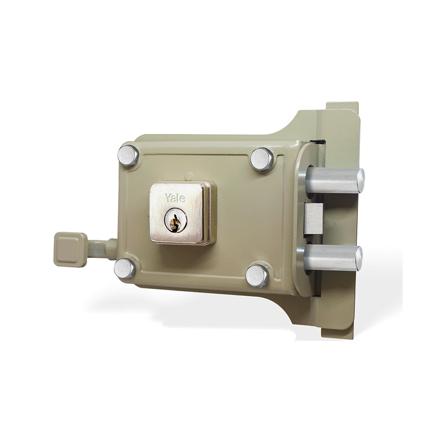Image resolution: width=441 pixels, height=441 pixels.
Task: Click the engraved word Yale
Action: pyautogui.click(x=175, y=198)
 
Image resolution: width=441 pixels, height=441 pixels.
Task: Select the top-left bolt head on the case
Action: pyautogui.click(x=128, y=155)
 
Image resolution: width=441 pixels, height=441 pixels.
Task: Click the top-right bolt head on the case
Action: pyautogui.click(x=262, y=159)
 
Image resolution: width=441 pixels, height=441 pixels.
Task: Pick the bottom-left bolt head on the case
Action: pyautogui.click(x=124, y=268)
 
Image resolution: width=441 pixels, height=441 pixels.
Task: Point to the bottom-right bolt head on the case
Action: pyautogui.click(x=257, y=275)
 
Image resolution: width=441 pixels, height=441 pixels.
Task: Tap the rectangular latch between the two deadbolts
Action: pyautogui.click(x=313, y=219)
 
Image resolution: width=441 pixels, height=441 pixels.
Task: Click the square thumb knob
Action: pyautogui.click(x=70, y=249)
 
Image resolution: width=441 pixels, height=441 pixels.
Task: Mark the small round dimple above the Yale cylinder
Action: pyautogui.click(x=188, y=176)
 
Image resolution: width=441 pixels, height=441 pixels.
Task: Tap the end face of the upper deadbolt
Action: pyautogui.click(x=361, y=180)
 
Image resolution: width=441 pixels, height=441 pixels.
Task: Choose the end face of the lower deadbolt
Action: pyautogui.click(x=359, y=258)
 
